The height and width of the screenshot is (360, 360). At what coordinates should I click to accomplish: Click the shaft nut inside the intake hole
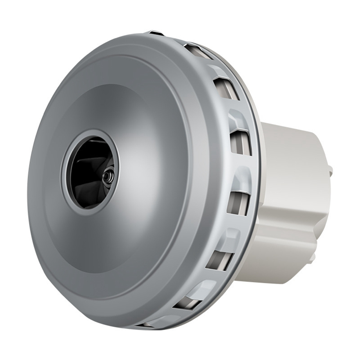click(106, 176)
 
